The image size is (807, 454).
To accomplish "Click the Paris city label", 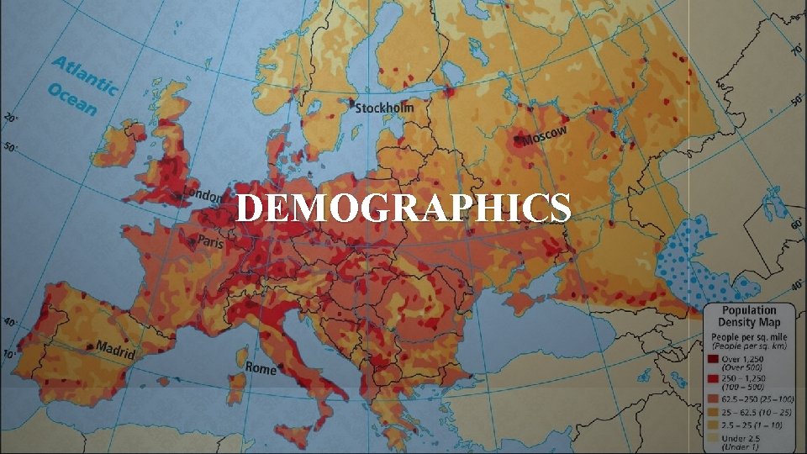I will pos(210,241).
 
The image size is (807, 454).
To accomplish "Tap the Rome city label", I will pos(261,368).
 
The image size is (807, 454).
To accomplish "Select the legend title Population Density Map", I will pos(749,316).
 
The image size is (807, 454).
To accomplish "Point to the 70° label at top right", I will pos(795,50).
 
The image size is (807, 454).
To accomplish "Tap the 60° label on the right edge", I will pos(795,225).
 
